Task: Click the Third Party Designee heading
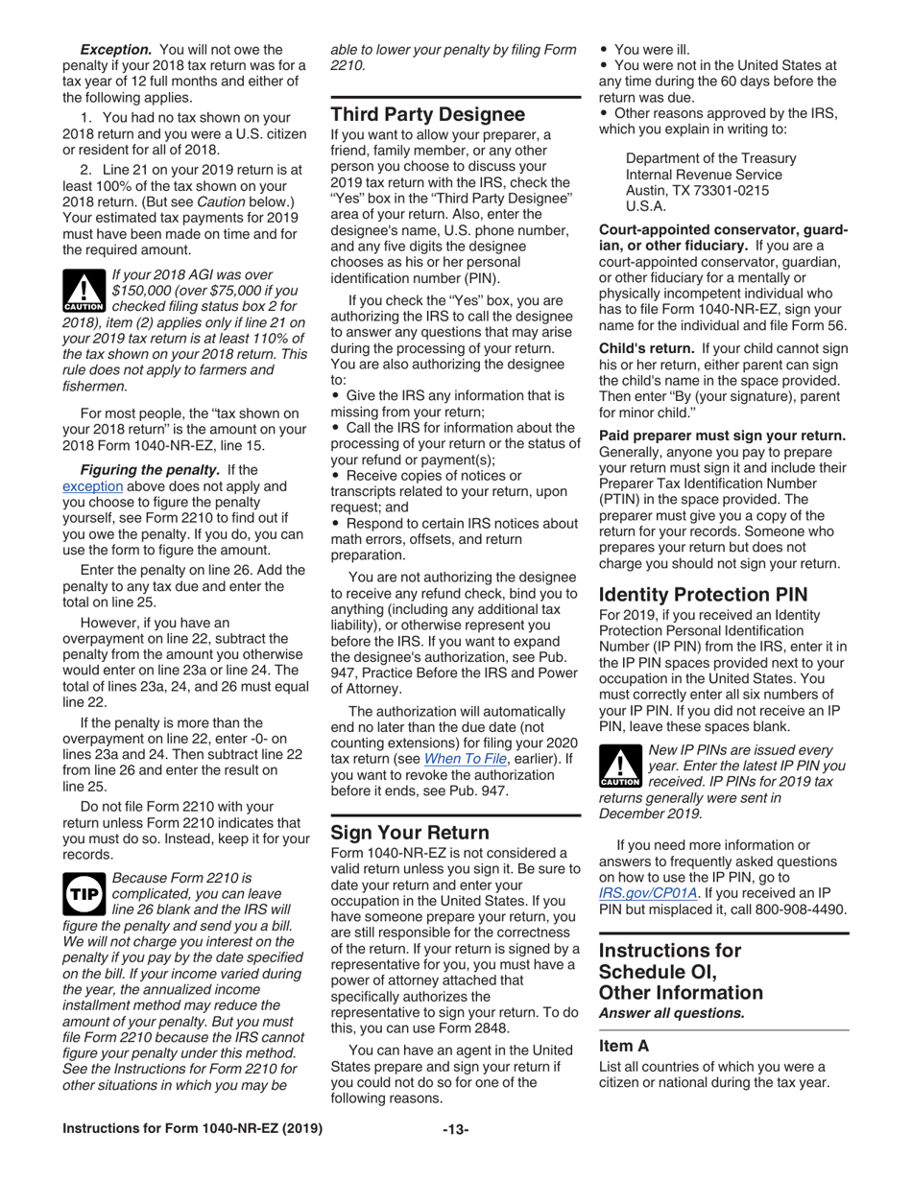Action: [x=428, y=115]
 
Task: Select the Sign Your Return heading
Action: [x=410, y=832]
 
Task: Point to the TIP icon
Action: [x=84, y=892]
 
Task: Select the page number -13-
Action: [x=455, y=1130]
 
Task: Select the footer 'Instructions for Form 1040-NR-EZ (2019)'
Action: [x=193, y=1130]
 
